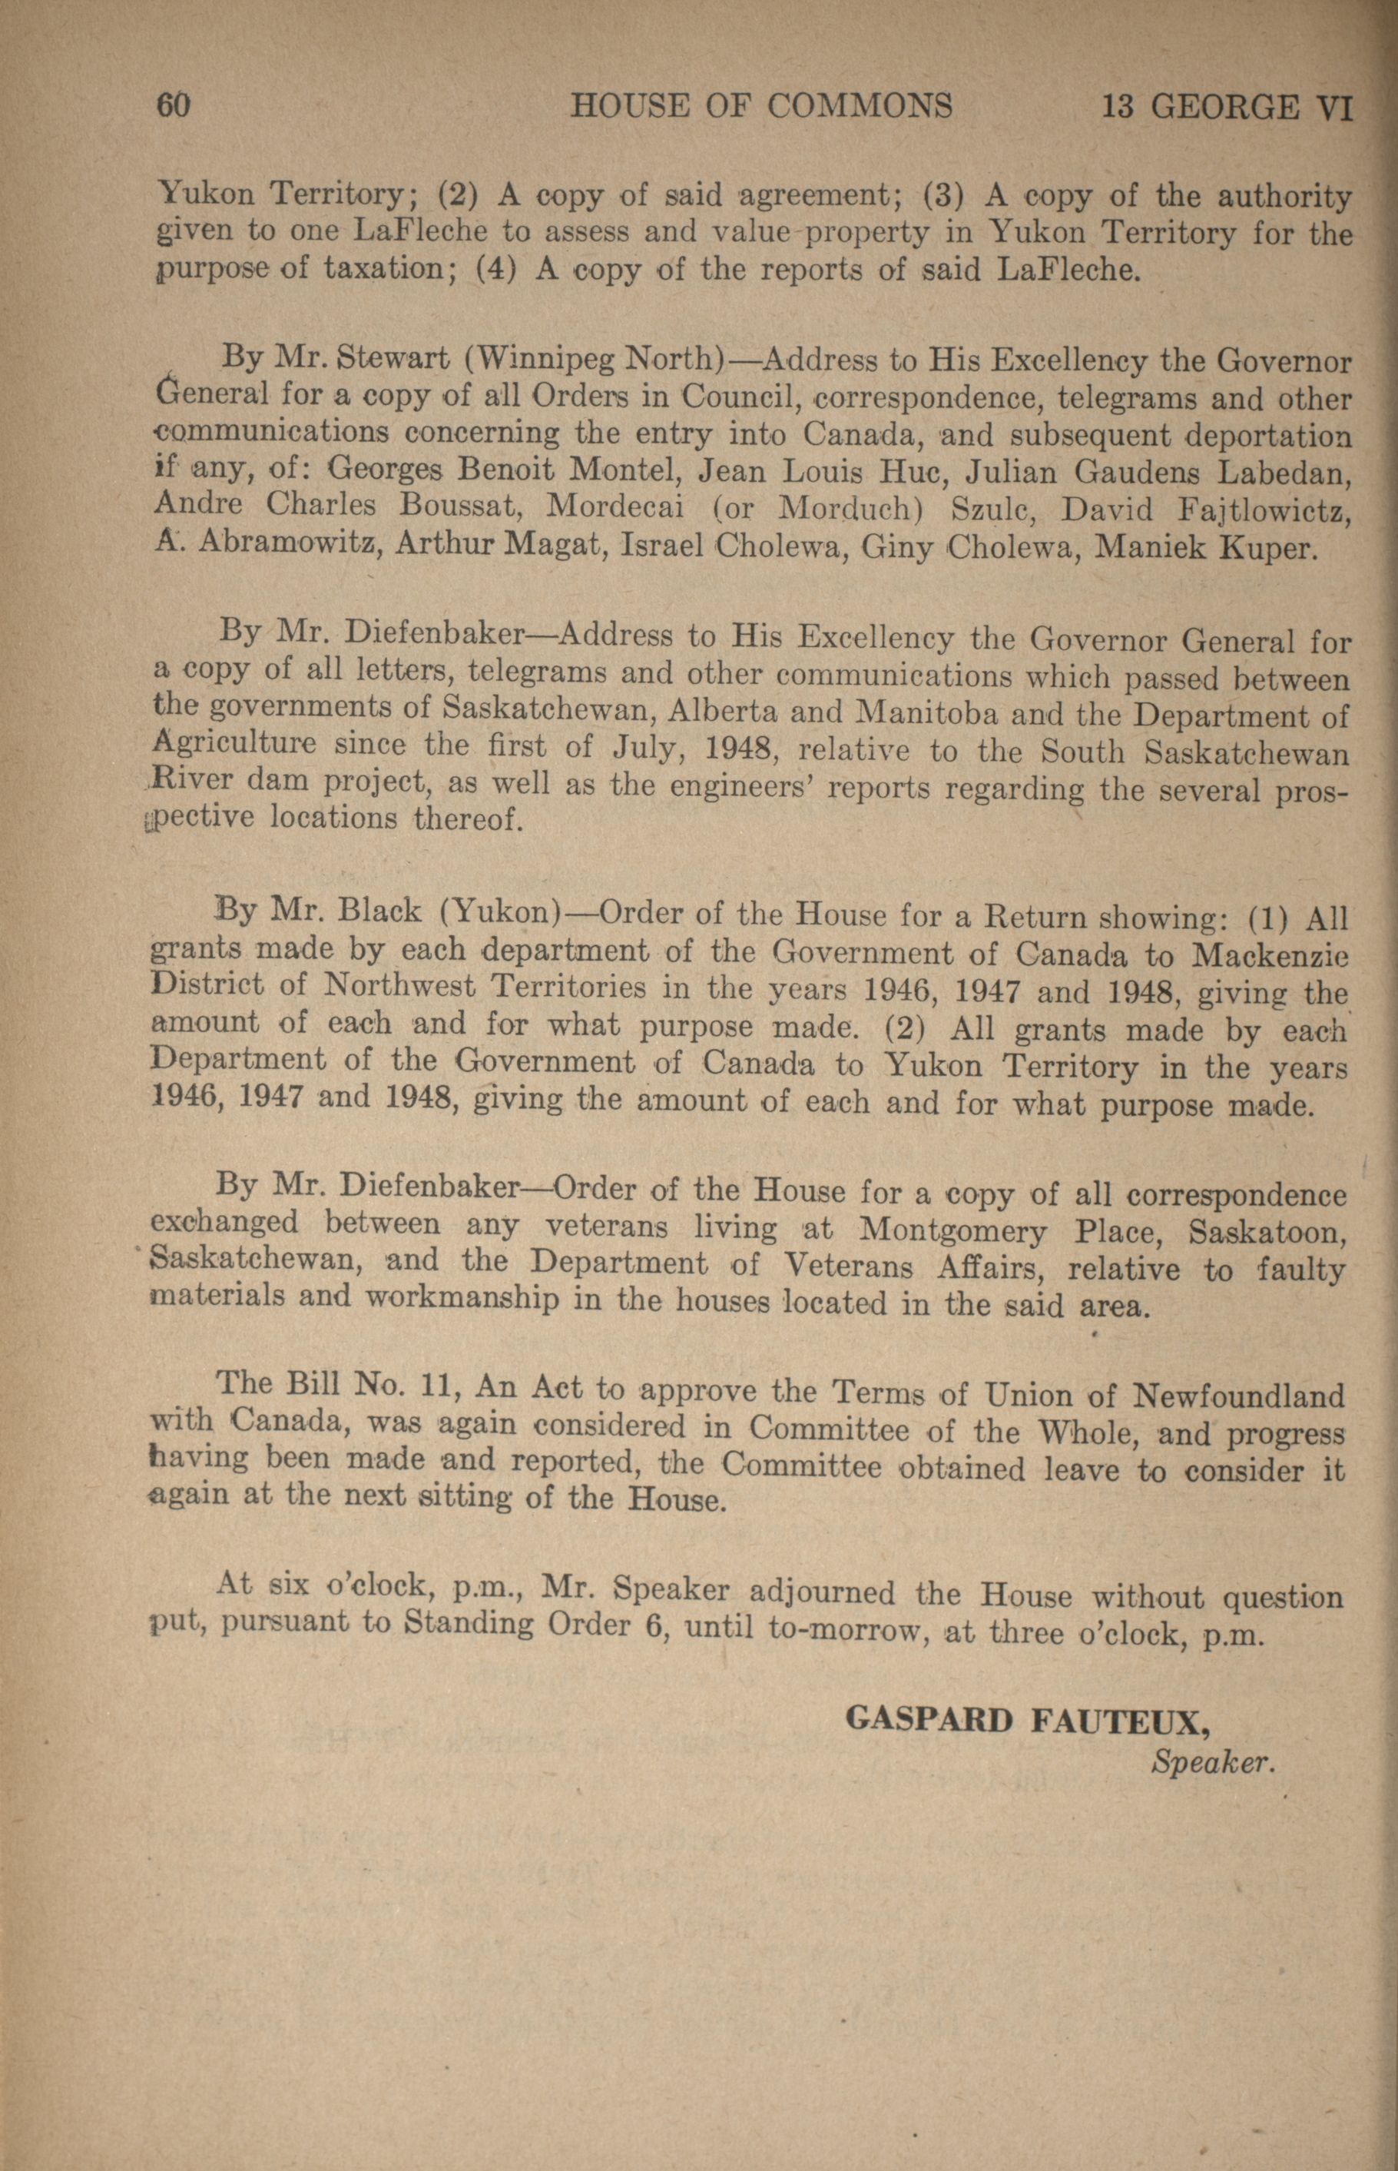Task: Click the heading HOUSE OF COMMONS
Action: point(760,107)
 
